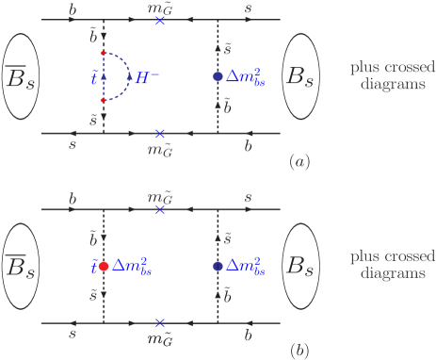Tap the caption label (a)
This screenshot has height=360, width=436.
click(299, 161)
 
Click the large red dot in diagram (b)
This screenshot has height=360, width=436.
click(104, 267)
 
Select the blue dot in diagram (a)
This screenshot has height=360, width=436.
click(218, 75)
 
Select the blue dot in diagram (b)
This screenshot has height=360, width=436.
click(218, 267)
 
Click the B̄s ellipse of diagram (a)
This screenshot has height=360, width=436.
click(24, 75)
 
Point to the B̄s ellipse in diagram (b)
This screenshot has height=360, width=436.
click(24, 267)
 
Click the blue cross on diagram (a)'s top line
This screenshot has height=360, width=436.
click(161, 20)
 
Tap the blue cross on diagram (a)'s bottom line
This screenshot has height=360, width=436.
click(161, 134)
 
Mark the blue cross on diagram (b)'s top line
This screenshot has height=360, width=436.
click(161, 209)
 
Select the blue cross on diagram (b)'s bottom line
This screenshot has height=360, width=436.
click(161, 323)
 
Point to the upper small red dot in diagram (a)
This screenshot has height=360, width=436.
click(104, 52)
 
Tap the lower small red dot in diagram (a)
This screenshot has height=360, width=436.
click(104, 100)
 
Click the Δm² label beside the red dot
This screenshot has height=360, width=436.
click(133, 268)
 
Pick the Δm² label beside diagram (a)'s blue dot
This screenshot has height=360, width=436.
click(246, 75)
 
